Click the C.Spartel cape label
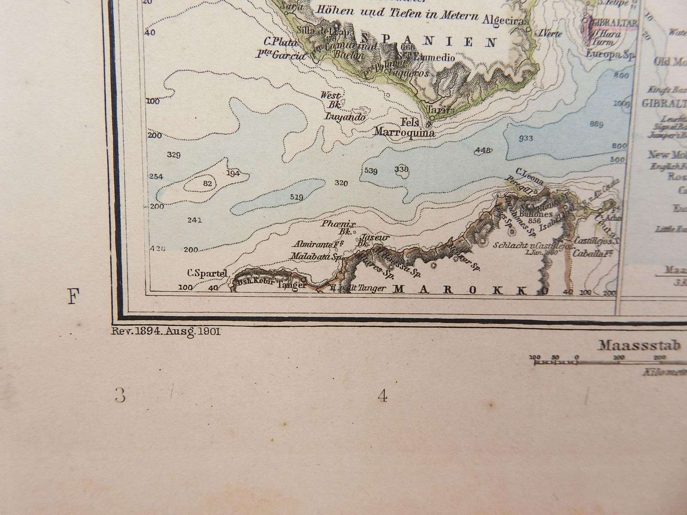coord(207,273)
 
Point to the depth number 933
coord(526,138)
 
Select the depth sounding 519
coord(297,197)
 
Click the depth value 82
coord(207,183)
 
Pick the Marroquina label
coord(404,133)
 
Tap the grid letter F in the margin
coord(73,297)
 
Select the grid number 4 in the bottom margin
coord(382,396)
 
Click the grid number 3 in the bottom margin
coord(120,395)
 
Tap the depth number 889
coord(597,124)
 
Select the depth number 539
coord(371,171)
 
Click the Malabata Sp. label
coord(316,257)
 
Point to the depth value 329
coord(173,155)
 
